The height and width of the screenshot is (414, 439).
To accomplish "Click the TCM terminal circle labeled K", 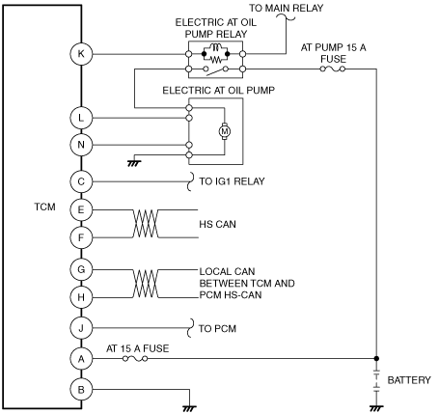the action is tap(81, 54).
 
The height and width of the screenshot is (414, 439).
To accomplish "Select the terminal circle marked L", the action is tap(81, 118).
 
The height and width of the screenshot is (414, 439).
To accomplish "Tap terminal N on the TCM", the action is tap(81, 145).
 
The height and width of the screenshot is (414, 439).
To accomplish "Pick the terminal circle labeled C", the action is tap(81, 181).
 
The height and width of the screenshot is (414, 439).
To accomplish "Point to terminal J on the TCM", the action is tap(81, 328).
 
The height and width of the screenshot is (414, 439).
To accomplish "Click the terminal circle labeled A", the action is tap(81, 358).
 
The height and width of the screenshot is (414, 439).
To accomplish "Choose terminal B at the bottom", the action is tap(81, 390).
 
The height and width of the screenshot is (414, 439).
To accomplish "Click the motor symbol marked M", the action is tap(225, 131).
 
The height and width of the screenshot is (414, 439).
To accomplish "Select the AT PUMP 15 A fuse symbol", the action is tap(333, 69).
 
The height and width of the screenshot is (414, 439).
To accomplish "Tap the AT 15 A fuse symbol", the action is tap(135, 359).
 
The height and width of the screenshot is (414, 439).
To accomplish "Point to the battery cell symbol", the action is tap(376, 380).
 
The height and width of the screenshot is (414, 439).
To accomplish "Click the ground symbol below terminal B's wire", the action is tap(189, 408).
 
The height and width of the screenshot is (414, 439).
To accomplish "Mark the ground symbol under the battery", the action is tap(376, 408).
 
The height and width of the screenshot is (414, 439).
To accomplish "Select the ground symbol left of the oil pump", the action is tap(134, 163).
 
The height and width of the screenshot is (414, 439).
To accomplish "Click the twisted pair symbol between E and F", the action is tap(146, 224).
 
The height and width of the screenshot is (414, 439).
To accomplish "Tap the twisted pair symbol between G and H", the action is tap(146, 284).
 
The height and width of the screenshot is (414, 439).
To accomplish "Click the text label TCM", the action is tap(44, 207).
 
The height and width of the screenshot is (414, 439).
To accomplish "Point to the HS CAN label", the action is tap(217, 224).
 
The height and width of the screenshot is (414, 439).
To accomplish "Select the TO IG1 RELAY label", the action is tap(232, 181).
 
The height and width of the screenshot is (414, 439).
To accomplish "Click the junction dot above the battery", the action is tap(376, 358).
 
